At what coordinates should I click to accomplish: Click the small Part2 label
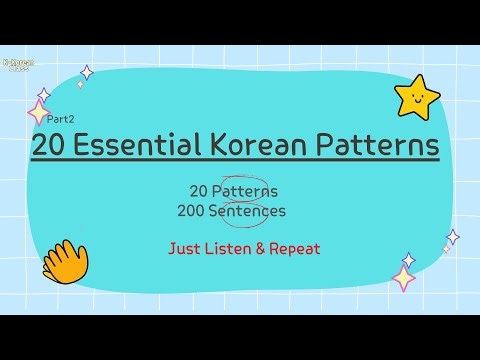coord(46,119)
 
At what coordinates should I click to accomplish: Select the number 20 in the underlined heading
coord(50,146)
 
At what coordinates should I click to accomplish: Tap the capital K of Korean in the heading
coord(220,146)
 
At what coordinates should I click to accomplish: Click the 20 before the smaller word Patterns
coord(199,190)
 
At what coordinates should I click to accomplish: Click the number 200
coord(204,211)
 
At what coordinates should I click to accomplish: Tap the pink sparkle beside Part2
coord(40,110)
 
